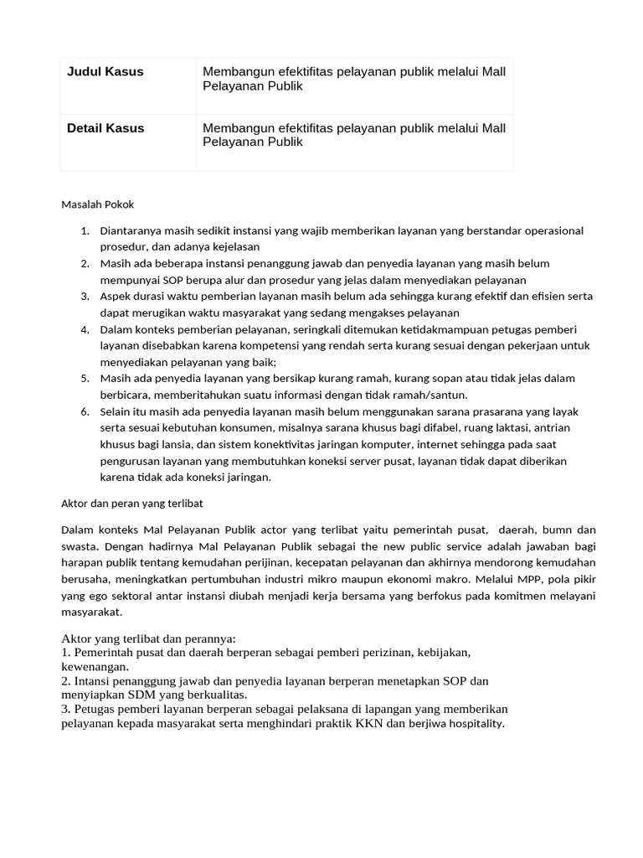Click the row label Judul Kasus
coord(105,72)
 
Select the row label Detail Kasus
coord(105,128)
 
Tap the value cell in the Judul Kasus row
coord(353,79)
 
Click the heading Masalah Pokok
coord(98,204)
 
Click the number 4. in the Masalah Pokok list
coord(85,329)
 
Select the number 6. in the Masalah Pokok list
coord(85,411)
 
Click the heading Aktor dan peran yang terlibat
coord(132,504)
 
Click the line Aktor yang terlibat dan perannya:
coord(149,638)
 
